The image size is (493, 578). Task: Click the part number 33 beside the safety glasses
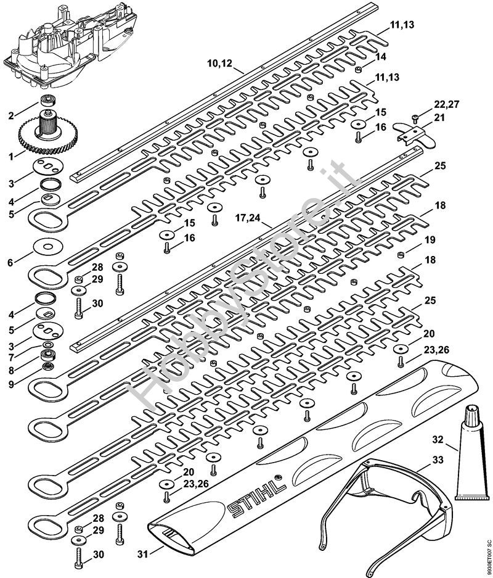[438, 460]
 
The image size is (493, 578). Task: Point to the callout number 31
[143, 553]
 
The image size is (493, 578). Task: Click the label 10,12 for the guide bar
[220, 64]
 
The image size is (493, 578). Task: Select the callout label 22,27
[447, 104]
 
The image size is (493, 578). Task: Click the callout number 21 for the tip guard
[439, 118]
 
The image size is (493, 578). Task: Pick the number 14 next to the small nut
[381, 57]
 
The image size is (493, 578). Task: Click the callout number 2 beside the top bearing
[12, 116]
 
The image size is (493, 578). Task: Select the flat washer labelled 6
[48, 246]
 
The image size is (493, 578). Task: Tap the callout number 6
[10, 263]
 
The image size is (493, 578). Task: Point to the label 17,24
[248, 218]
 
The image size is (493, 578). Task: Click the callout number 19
[430, 240]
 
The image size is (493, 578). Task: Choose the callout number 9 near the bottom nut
[12, 384]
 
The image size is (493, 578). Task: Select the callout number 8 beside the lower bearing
[12, 371]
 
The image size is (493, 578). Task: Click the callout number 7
[12, 357]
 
